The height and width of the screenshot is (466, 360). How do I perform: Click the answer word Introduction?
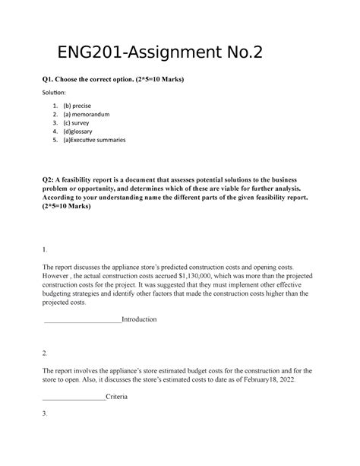(139, 320)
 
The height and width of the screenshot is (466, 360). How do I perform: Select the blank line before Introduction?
(83, 320)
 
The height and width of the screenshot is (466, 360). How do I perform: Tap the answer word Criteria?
(116, 397)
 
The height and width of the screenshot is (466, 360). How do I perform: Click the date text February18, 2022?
(271, 379)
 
